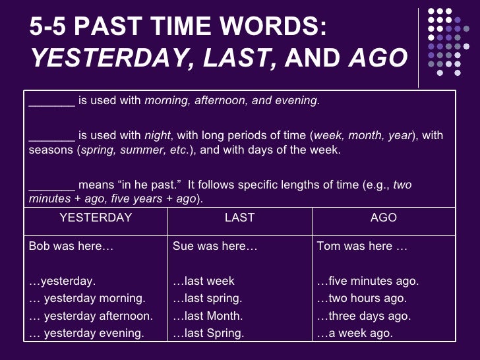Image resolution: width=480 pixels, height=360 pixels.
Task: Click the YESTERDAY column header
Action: point(96,217)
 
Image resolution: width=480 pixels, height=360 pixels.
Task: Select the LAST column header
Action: point(239,217)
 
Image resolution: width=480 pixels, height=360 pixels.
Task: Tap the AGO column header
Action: point(384,217)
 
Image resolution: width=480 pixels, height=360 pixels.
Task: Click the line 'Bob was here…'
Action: point(71,247)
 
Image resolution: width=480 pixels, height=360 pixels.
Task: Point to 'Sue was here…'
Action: point(215,247)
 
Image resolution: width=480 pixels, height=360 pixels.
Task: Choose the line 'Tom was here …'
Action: point(362,247)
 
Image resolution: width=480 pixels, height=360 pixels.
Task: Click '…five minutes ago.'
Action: point(367,282)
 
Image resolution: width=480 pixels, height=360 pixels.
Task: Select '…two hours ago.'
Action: point(362,299)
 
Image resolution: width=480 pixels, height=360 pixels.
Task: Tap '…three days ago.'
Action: point(363,316)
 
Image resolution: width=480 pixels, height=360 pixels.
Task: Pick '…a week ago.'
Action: point(354,333)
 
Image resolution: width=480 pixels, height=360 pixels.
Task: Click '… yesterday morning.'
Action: point(87,299)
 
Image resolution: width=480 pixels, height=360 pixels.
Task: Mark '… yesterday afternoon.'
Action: point(91,316)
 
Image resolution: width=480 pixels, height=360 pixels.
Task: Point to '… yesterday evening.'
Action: point(86,333)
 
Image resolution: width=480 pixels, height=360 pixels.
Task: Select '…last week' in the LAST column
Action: point(203,282)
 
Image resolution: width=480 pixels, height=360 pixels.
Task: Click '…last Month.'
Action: point(208,316)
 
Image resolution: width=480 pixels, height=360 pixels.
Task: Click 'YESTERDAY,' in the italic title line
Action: point(109,59)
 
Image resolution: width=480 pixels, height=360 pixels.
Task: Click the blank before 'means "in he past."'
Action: point(52,185)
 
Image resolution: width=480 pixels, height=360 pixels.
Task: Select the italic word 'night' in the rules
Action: point(158,136)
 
